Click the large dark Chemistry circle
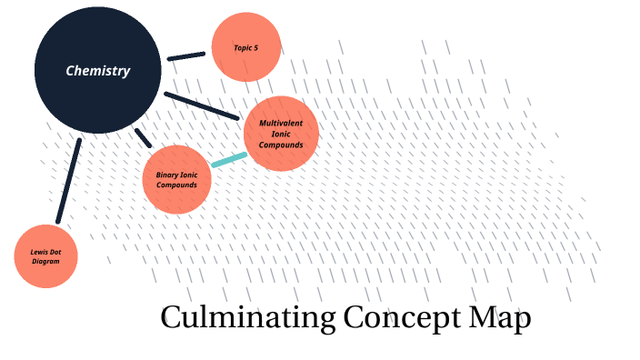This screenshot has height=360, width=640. click(x=97, y=71)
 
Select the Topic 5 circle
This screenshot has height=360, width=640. click(x=245, y=47)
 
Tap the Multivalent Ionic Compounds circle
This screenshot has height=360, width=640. click(x=282, y=134)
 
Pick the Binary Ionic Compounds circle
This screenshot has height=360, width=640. click(x=177, y=179)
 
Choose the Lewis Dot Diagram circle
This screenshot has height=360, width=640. click(x=46, y=256)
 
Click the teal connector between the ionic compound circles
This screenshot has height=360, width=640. click(x=228, y=160)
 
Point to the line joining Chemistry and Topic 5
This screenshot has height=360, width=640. click(x=186, y=56)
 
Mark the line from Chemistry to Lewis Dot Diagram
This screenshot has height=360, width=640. click(x=69, y=180)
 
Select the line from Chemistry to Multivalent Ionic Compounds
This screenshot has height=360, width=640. click(x=202, y=105)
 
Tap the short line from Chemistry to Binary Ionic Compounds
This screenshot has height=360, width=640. click(x=144, y=137)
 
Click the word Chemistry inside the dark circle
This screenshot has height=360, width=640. click(x=97, y=71)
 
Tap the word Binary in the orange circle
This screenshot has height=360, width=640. click(x=167, y=174)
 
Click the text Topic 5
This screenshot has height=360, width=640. click(x=245, y=47)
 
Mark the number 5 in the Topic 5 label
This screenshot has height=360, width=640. click(x=255, y=47)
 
